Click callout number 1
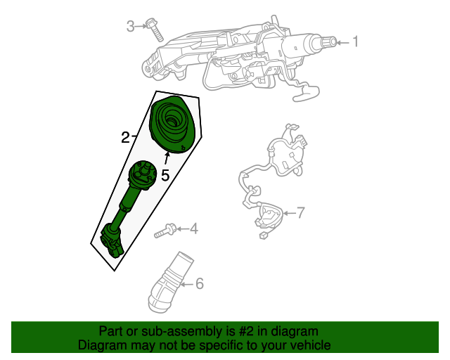pyautogui.click(x=355, y=42)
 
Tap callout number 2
pyautogui.click(x=125, y=137)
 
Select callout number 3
pyautogui.click(x=131, y=27)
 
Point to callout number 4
pyautogui.click(x=193, y=229)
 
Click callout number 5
pyautogui.click(x=165, y=175)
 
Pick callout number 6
pyautogui.click(x=199, y=284)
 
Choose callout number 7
pyautogui.click(x=300, y=212)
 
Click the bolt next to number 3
pyautogui.click(x=154, y=30)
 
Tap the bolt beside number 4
pyautogui.click(x=168, y=229)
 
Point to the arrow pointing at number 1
pyautogui.click(x=341, y=43)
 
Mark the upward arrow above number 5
pyautogui.click(x=167, y=159)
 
